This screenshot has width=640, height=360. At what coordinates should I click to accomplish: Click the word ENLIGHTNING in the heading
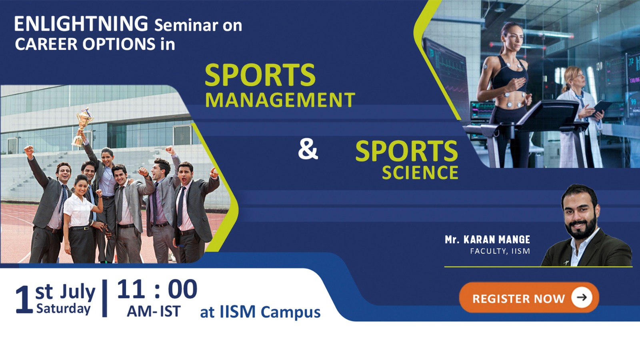tap(81, 24)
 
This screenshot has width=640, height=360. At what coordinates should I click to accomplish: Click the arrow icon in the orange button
tap(582, 297)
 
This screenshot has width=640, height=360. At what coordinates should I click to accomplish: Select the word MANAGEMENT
tap(280, 100)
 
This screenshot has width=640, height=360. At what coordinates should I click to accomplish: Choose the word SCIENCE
tap(420, 173)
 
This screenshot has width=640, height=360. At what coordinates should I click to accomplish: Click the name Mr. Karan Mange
tap(487, 240)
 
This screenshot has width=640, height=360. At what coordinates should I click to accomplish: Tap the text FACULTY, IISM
tap(500, 251)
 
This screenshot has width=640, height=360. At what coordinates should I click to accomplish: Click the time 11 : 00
tap(157, 289)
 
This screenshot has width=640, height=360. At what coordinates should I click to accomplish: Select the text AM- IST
tap(154, 312)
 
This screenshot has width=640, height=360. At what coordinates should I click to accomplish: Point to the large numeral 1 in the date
tap(24, 300)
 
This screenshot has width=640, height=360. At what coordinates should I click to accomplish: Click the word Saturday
tap(63, 309)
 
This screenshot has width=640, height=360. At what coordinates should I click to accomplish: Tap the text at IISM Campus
tap(260, 312)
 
